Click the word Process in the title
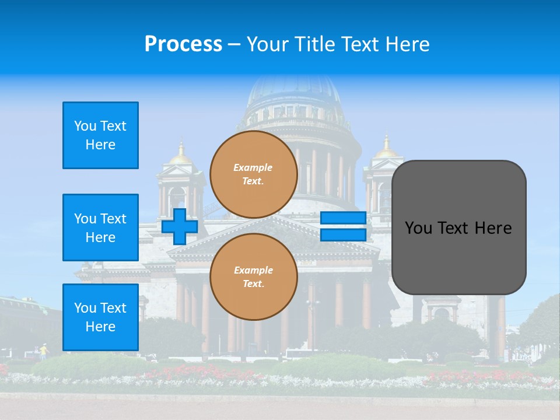[x=183, y=44]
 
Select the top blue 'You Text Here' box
[x=100, y=135]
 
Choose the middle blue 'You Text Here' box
[x=100, y=228]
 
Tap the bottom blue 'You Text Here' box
[x=100, y=317]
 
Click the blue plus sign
[x=180, y=226]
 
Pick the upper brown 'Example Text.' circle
[x=254, y=174]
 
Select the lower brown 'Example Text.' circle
[x=254, y=277]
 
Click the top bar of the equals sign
[x=343, y=218]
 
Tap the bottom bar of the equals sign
[x=343, y=235]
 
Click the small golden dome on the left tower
[x=181, y=155]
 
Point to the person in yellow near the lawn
[x=43, y=351]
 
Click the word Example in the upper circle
[x=253, y=167]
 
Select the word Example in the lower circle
[x=253, y=270]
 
